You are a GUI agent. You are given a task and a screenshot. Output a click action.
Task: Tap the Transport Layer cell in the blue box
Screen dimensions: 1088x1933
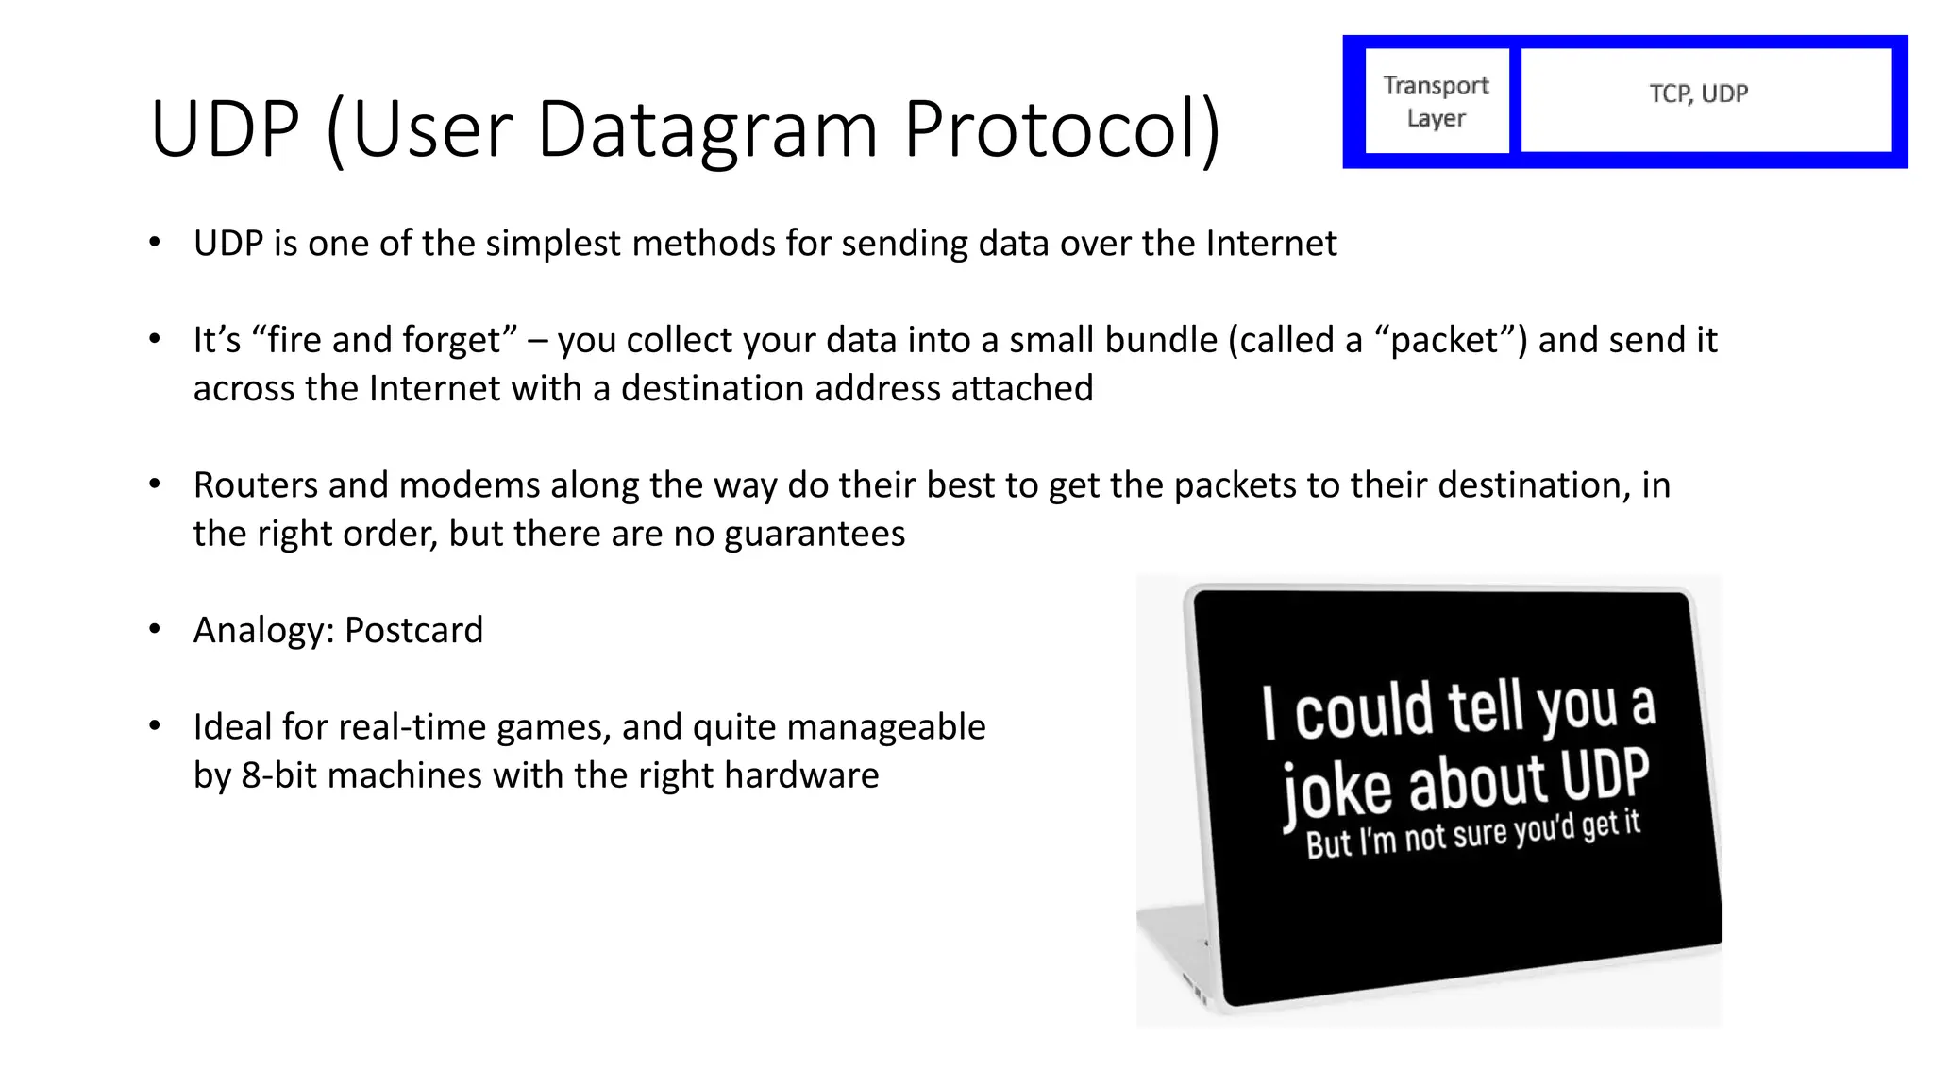1436,101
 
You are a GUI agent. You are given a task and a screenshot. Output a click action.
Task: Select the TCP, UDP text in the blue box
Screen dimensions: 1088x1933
1698,93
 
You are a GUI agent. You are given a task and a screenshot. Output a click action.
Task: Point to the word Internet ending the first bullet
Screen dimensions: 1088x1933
1271,244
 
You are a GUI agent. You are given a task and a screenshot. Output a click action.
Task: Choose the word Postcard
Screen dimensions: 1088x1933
413,630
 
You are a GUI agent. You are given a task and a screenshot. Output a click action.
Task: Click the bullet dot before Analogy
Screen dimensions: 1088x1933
155,629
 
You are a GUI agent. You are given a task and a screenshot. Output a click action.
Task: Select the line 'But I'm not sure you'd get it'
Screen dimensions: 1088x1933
1472,833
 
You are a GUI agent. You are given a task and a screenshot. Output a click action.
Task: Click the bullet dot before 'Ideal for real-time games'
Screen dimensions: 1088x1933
155,725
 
